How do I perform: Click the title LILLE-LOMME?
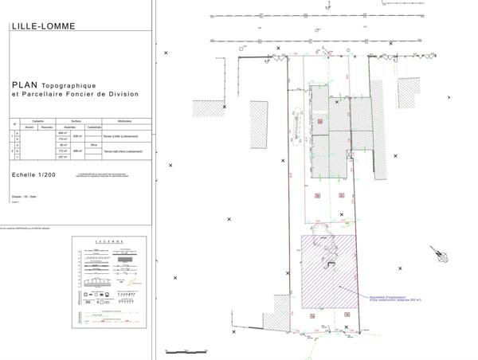point(44,25)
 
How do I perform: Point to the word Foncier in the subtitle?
point(89,94)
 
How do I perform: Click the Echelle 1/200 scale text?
point(35,171)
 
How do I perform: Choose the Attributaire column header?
point(124,120)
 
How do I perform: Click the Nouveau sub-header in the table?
point(45,127)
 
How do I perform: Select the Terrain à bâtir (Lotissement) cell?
point(127,136)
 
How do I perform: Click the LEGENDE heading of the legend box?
point(110,241)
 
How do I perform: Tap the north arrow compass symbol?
point(438,254)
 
